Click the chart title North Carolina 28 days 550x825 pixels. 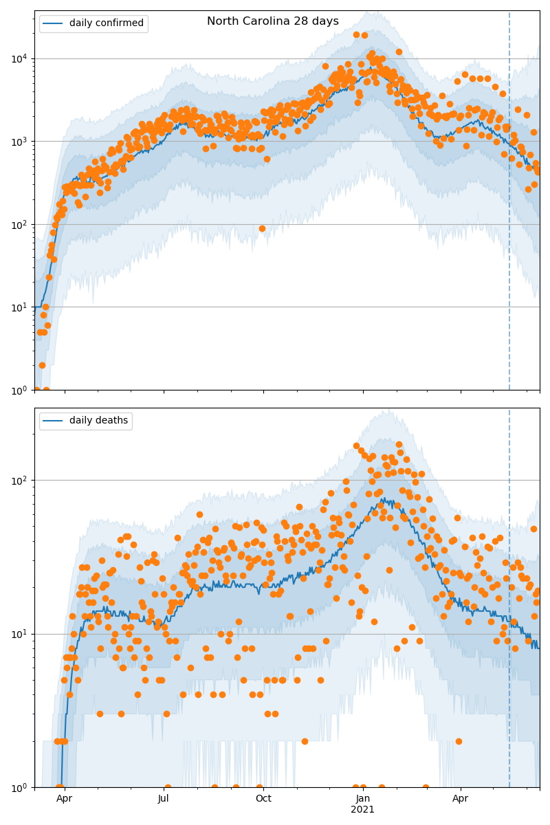273,21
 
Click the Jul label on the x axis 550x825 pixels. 164,799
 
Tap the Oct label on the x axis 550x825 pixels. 263,799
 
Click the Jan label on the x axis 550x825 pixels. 363,799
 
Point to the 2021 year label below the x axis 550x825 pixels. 363,810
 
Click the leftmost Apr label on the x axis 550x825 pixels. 65,799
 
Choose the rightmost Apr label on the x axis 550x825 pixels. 461,799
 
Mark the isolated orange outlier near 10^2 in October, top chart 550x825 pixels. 262,228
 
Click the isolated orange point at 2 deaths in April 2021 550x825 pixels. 459,741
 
